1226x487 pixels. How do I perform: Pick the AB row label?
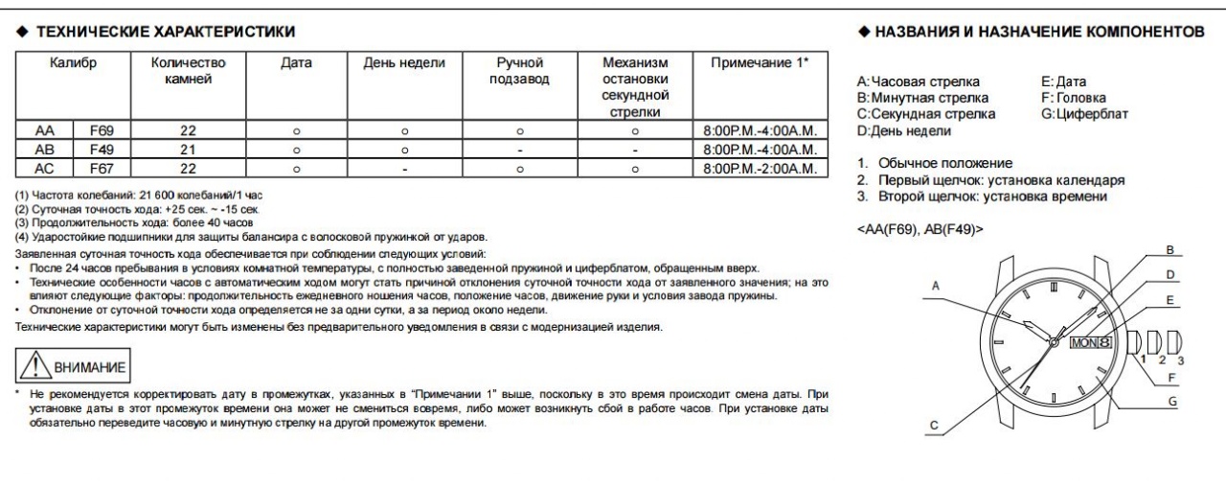[44, 150]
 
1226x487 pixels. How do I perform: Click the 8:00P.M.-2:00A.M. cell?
[759, 168]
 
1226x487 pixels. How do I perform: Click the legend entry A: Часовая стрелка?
[919, 82]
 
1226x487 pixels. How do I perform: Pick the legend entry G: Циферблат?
[1084, 113]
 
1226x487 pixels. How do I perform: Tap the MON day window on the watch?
[1081, 340]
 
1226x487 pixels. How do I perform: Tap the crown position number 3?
[1181, 360]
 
